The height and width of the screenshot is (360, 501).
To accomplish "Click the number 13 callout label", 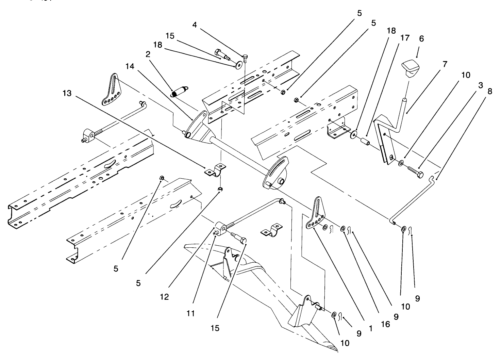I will click(x=67, y=93).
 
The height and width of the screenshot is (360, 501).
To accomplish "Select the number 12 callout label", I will click(x=164, y=297).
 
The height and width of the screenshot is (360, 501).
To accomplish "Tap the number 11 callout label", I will click(x=191, y=313).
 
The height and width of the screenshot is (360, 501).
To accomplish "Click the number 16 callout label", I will click(x=385, y=324).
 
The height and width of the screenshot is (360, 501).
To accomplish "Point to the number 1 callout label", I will click(x=370, y=329).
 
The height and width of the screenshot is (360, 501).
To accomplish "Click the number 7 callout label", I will click(x=445, y=64).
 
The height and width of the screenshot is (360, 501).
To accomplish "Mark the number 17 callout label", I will click(x=405, y=38).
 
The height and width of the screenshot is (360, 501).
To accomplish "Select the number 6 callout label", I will click(x=421, y=39).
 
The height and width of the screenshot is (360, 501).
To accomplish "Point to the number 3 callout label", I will click(x=480, y=86).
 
